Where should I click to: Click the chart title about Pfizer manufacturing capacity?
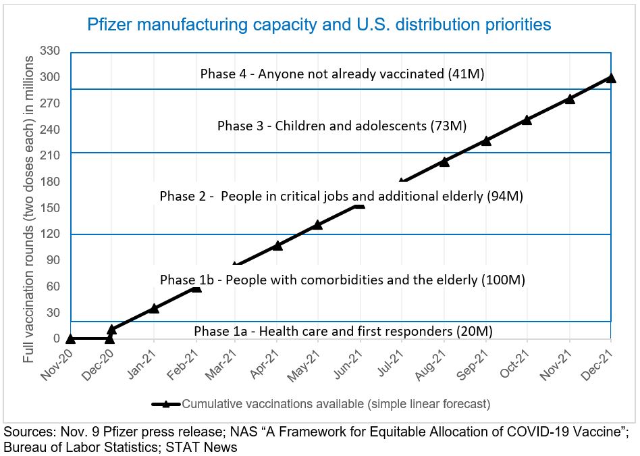319,25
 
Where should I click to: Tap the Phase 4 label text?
342,74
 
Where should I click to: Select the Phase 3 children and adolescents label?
342,126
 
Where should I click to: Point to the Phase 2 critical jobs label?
342,197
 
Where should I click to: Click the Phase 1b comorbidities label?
342,280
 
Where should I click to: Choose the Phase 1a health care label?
343,331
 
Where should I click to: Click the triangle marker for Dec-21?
611,78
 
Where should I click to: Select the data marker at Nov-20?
70,338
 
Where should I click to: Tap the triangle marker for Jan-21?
154,308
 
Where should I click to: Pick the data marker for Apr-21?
277,245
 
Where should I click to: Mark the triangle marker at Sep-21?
485,141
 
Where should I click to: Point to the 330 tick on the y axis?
51,51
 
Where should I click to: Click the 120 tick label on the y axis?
51,234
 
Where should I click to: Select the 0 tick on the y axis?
57,339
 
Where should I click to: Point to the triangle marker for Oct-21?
527,120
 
